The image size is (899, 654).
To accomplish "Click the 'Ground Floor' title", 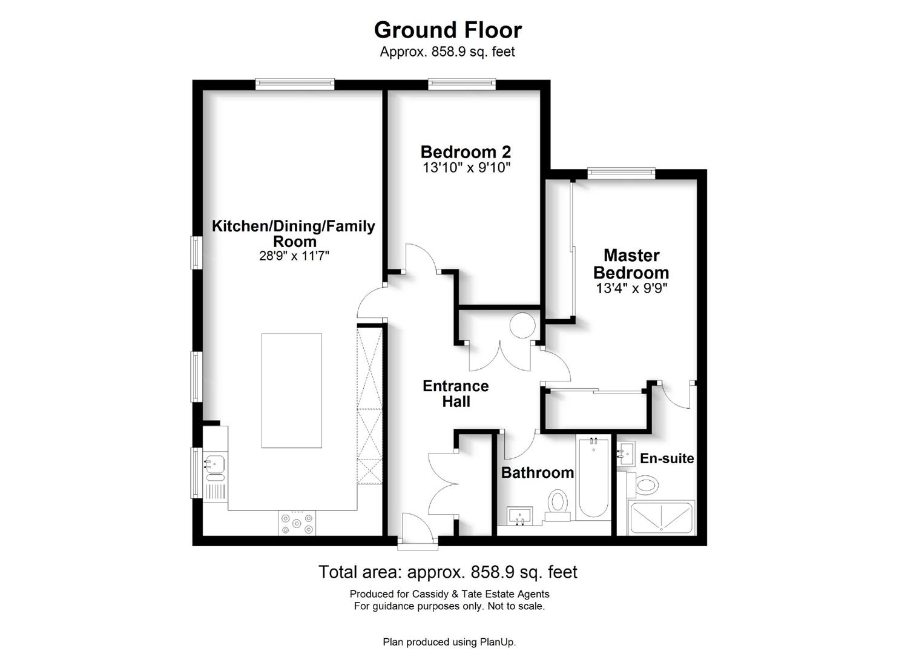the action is tap(447, 30).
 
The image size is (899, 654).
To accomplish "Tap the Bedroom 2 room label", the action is tap(466, 152).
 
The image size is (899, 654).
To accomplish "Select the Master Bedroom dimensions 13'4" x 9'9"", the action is tap(631, 288).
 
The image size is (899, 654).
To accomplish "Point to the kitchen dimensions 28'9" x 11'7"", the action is tap(294, 256).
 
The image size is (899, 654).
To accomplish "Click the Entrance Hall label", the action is tap(455, 394).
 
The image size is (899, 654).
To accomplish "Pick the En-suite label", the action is tap(667, 458).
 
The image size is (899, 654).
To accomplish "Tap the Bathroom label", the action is tap(538, 473).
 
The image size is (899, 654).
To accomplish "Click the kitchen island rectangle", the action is tap(292, 390).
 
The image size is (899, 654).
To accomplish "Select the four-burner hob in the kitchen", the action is tap(297, 523).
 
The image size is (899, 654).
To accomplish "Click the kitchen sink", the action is tap(215, 467).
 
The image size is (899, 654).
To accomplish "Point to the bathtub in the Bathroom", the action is tap(593, 477).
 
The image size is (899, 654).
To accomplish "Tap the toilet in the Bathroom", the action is tap(558, 505).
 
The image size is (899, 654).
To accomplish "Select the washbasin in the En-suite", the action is tap(626, 454).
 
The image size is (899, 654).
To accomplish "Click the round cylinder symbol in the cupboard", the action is tap(522, 325).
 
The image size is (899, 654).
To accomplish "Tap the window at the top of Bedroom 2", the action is tap(462, 84).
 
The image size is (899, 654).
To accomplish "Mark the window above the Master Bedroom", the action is tap(621, 173).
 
